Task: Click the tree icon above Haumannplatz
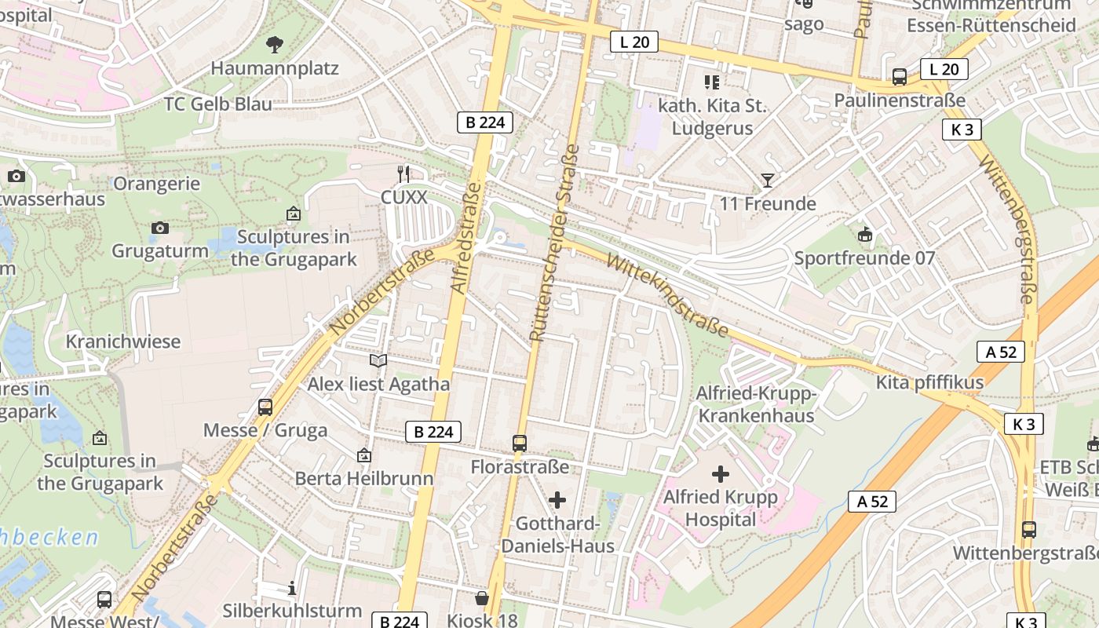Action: (x=275, y=44)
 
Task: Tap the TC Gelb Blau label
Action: (x=218, y=104)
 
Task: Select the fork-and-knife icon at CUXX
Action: (x=403, y=173)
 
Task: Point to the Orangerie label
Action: (x=157, y=184)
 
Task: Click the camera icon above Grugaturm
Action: (x=160, y=228)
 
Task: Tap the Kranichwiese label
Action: (x=123, y=342)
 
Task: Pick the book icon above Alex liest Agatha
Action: (x=378, y=360)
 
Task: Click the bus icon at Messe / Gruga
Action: (x=265, y=407)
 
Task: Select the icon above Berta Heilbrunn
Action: (x=363, y=455)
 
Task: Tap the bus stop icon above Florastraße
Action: (x=520, y=444)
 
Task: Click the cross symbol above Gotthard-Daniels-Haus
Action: (x=557, y=500)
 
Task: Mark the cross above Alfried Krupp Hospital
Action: (x=720, y=474)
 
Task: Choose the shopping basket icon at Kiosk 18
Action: (x=482, y=598)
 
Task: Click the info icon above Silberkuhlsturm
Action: (x=292, y=588)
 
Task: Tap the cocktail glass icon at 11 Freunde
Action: (x=768, y=181)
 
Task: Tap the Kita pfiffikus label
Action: (x=929, y=383)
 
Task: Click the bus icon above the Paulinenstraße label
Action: (x=900, y=77)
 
